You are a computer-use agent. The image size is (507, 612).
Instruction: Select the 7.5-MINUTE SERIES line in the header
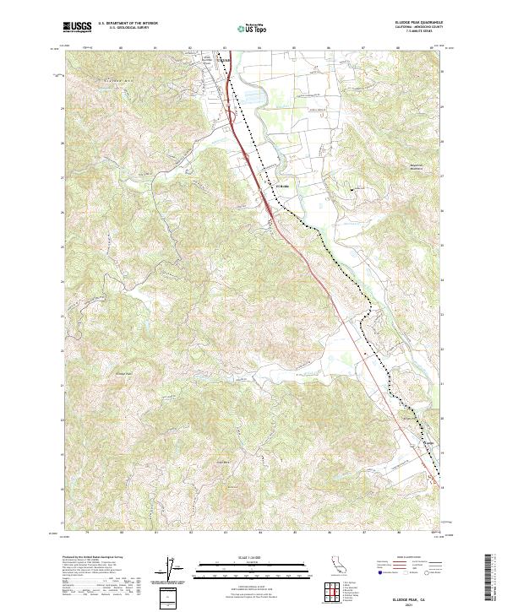coord(411,34)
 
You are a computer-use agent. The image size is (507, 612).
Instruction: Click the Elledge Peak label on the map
coord(124,372)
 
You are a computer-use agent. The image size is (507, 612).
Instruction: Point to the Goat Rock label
coord(224,462)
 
